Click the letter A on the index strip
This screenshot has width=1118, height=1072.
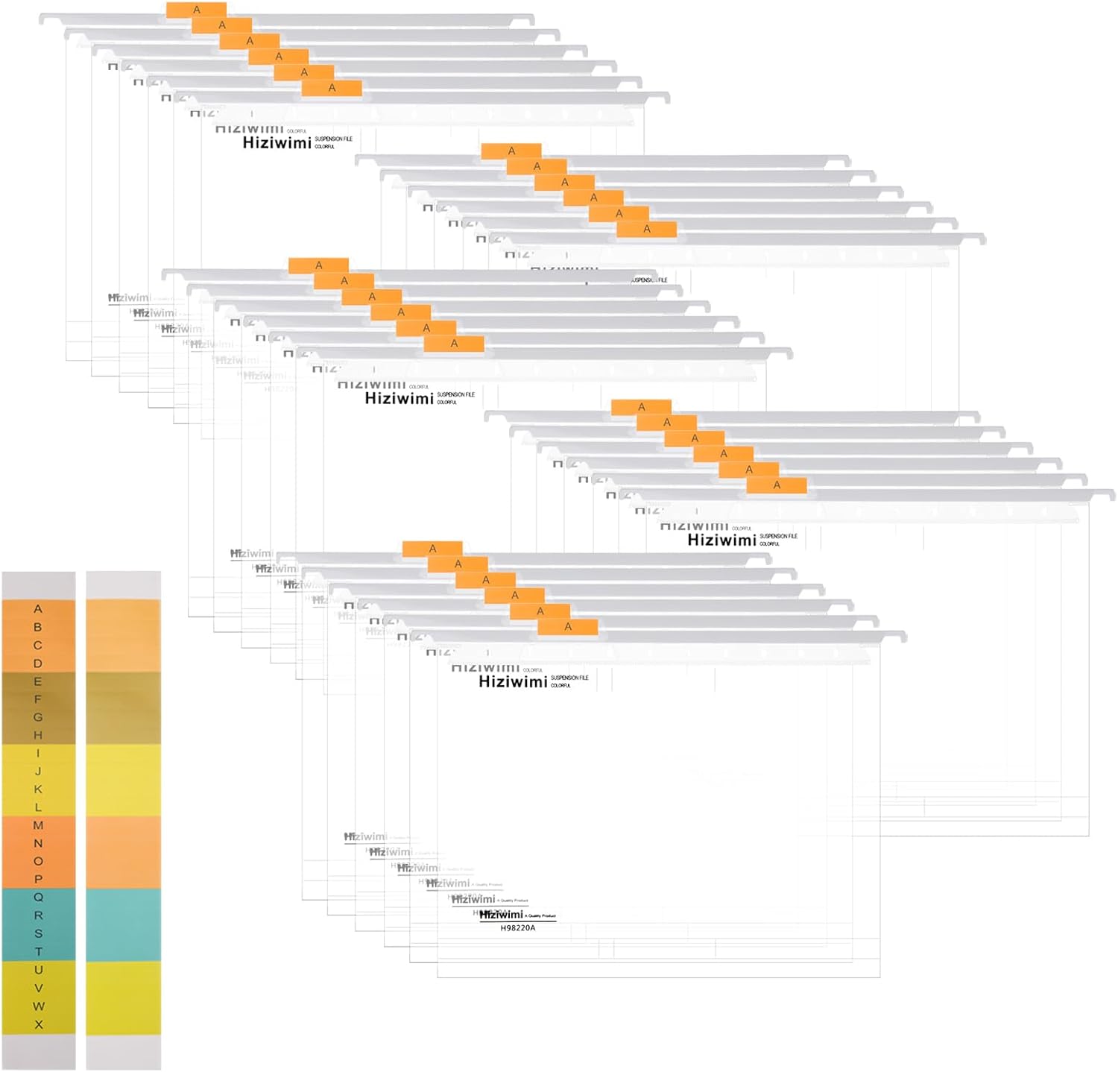[38, 609]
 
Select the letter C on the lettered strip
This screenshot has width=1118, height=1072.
[38, 645]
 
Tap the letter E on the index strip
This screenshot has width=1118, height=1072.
[38, 681]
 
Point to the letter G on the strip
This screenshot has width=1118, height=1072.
[38, 717]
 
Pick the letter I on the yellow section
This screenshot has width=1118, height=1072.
[38, 753]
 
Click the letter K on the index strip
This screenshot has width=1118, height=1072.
[38, 789]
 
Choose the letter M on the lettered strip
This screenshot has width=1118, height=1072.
[38, 825]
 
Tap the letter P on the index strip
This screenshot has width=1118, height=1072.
[38, 879]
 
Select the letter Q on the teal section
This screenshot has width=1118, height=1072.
[38, 897]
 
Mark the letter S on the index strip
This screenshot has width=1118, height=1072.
[38, 933]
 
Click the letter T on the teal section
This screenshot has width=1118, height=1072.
[38, 951]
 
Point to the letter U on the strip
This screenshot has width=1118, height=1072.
[38, 970]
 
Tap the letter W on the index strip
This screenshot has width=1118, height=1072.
[38, 1006]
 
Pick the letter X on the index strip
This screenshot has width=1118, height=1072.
[38, 1024]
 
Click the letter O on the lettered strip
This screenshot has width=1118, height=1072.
[38, 861]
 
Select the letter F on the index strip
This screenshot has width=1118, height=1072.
[38, 699]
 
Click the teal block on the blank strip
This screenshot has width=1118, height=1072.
[123, 924]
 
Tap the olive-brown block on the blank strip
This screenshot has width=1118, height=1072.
[123, 708]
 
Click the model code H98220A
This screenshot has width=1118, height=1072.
[517, 928]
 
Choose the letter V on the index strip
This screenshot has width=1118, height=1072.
[38, 988]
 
